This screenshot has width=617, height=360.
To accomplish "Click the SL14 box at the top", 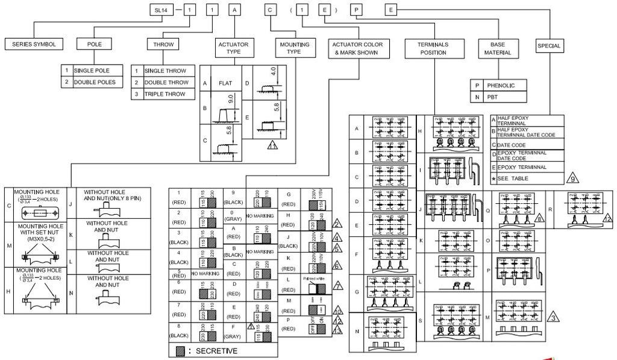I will tap(161, 10).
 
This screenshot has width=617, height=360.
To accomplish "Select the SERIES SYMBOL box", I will tap(34, 45).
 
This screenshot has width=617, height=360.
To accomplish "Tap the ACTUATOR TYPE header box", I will tap(233, 49).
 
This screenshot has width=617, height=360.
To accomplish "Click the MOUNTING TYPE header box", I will tap(293, 49).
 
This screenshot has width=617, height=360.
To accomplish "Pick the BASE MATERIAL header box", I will tap(498, 49).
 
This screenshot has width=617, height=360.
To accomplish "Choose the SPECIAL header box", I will tap(548, 46).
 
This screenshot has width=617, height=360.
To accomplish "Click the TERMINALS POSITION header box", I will tap(433, 49).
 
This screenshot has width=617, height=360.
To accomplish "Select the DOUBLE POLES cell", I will tap(95, 82).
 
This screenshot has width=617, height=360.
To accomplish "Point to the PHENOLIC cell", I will tap(501, 86).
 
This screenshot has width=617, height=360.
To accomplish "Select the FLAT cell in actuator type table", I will tap(225, 83).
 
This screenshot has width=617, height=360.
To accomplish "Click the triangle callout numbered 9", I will tap(573, 178).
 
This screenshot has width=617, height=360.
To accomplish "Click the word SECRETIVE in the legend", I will tap(216, 351).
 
